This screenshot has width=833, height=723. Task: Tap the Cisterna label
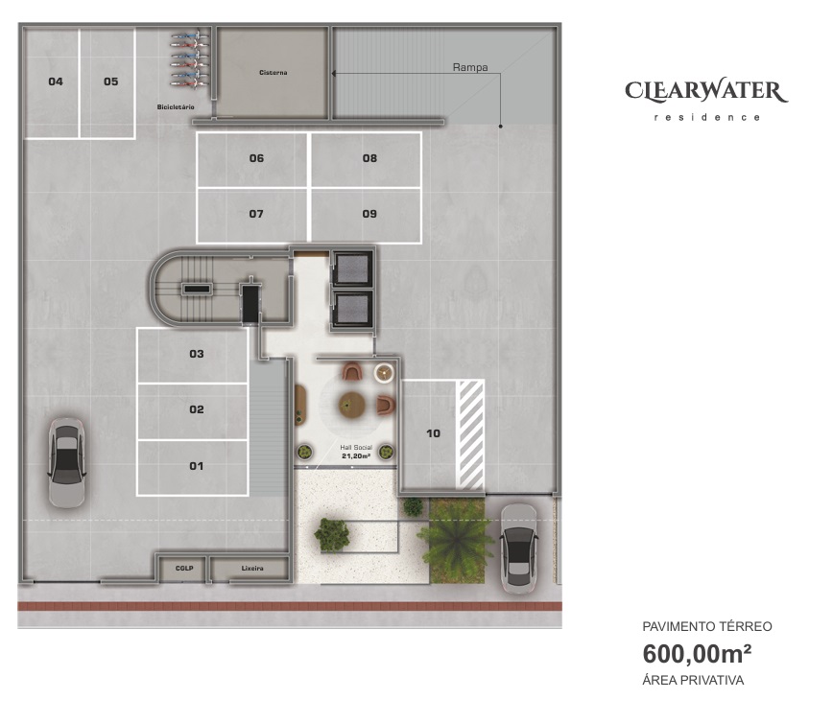pos(274,73)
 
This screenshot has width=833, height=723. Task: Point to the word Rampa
pos(470,67)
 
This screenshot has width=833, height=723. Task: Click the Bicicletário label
pos(176,107)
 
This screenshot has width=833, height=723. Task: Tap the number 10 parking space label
pos(434,433)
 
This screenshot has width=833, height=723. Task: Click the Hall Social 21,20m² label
pos(356,452)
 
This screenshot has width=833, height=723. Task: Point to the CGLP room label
pos(184,569)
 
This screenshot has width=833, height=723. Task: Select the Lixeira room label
pos(252,569)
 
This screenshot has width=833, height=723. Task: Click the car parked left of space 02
pos(67,463)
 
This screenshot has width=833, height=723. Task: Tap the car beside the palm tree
pos(519,548)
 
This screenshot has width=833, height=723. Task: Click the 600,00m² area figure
pos(697,654)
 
